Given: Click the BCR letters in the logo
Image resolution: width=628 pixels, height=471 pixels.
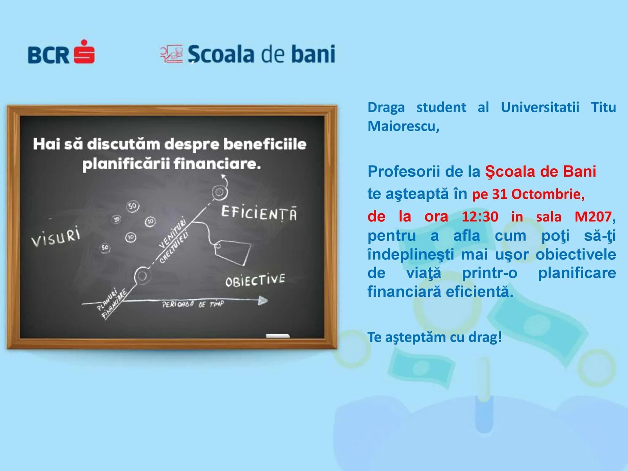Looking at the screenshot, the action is point(48,55).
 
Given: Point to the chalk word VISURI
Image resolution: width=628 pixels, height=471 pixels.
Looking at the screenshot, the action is point(56,237).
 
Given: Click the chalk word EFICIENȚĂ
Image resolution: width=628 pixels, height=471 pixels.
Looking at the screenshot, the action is point(259,213).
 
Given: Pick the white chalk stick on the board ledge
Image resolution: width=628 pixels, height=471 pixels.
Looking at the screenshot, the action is point(278,336).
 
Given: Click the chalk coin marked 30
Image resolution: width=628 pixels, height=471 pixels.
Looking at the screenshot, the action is point(117,219).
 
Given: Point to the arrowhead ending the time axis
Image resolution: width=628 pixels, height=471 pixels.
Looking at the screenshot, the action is point(263,301).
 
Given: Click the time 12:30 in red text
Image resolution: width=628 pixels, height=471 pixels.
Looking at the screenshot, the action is point(480,217).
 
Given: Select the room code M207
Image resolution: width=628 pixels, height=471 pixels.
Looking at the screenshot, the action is point(593,217).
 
